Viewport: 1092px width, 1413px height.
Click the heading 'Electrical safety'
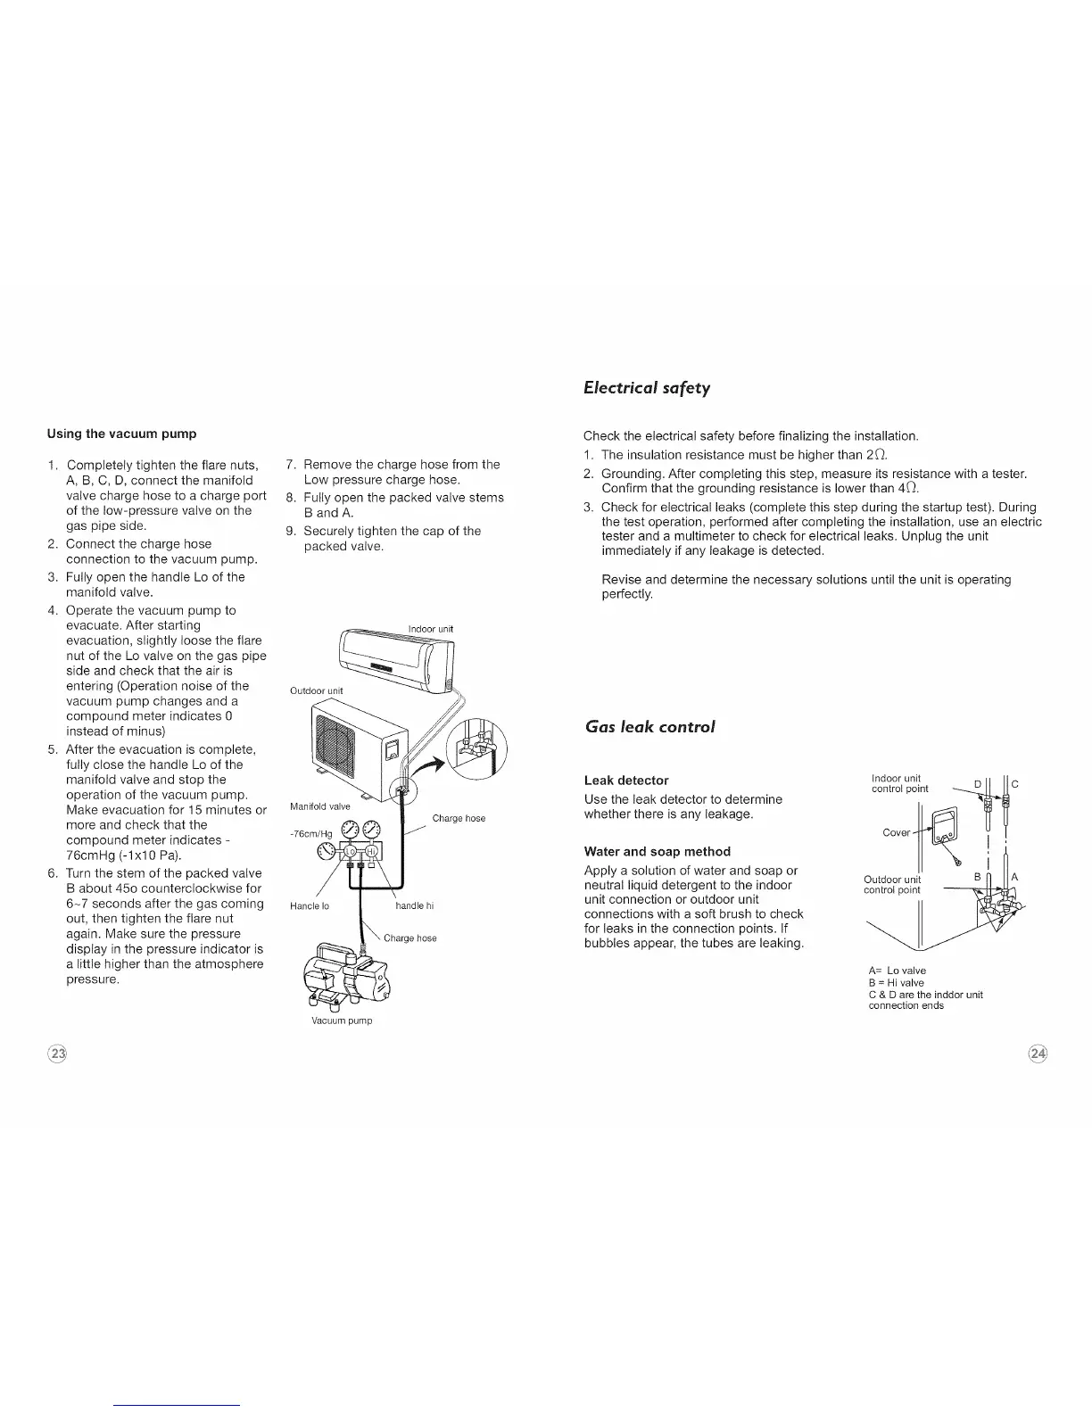pyautogui.click(x=646, y=387)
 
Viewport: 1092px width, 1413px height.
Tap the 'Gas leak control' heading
pyautogui.click(x=649, y=726)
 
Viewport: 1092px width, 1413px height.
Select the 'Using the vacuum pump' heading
pyautogui.click(x=121, y=434)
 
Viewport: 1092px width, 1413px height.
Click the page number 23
pyautogui.click(x=58, y=1054)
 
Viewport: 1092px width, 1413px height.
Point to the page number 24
pyautogui.click(x=1038, y=1054)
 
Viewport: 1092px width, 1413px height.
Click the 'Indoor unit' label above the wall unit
pyautogui.click(x=430, y=629)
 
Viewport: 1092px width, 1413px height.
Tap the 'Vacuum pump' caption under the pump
pyautogui.click(x=343, y=1020)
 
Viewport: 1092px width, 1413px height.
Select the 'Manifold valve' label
pyautogui.click(x=320, y=806)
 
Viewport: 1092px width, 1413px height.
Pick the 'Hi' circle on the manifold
pyautogui.click(x=368, y=849)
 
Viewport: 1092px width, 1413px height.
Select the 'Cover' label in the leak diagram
pyautogui.click(x=896, y=832)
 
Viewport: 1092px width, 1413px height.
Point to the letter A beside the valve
pyautogui.click(x=1014, y=877)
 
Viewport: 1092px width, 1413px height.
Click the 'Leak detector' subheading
pyautogui.click(x=625, y=780)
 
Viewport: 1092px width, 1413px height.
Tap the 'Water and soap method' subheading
pyautogui.click(x=657, y=851)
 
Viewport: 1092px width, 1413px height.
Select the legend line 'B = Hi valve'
pyautogui.click(x=896, y=982)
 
